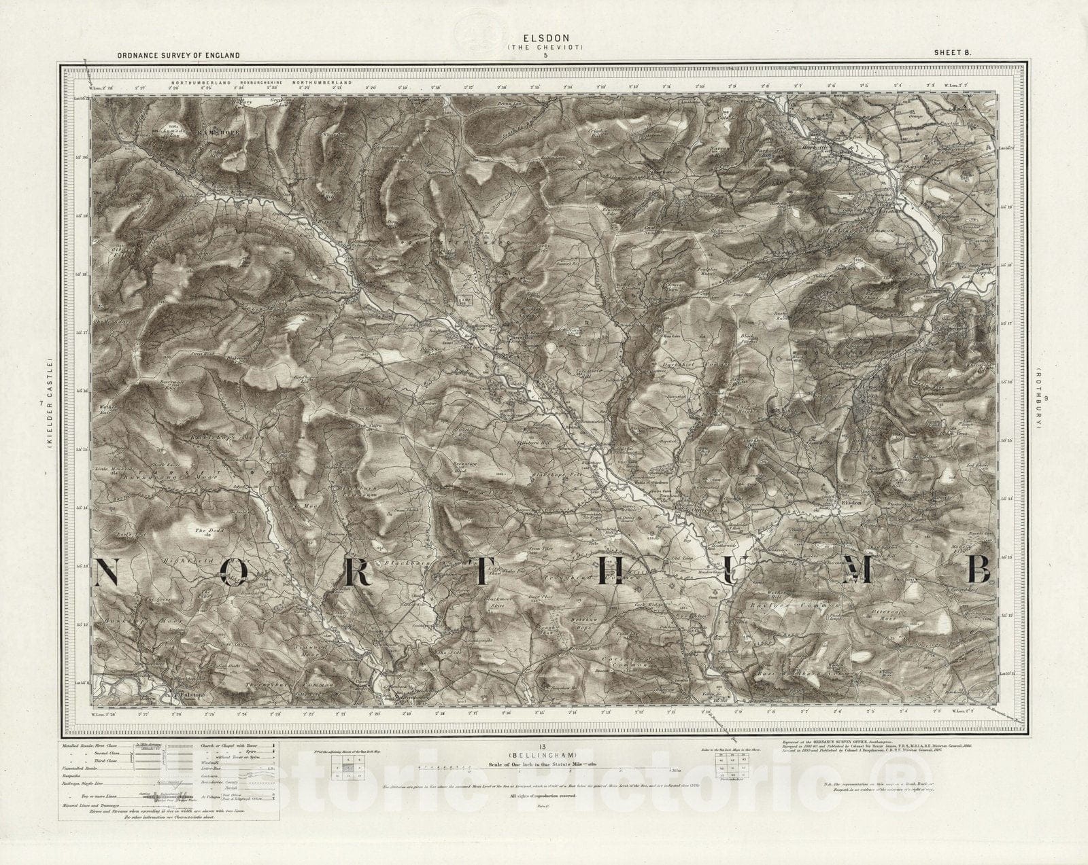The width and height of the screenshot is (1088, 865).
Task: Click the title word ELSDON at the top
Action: pyautogui.click(x=544, y=39)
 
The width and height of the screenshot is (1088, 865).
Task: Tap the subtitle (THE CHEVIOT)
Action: pyautogui.click(x=544, y=47)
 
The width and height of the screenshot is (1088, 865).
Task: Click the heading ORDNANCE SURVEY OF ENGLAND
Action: pyautogui.click(x=178, y=55)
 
